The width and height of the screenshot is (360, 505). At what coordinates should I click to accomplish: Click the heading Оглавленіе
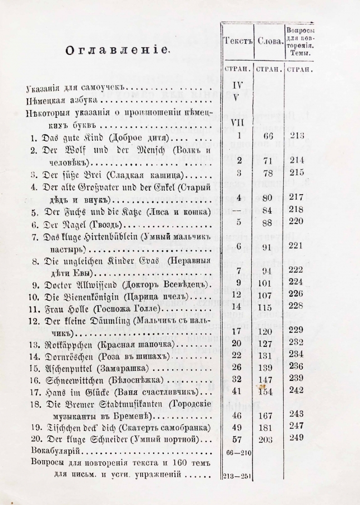(x=117, y=50)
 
